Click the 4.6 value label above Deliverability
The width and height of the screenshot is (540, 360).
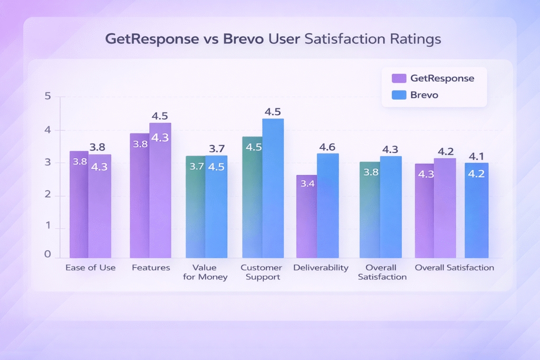point(327,147)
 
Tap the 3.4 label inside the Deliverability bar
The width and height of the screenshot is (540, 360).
point(306,184)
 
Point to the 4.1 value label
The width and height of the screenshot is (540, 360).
point(476,156)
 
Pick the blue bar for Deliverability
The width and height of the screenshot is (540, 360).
point(327,206)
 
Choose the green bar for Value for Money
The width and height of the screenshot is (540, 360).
point(195,211)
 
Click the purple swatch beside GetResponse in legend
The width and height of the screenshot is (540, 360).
point(399,79)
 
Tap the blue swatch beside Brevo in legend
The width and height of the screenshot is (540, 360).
point(399,95)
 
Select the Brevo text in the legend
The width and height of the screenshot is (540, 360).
point(425,95)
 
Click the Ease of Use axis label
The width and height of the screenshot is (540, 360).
point(90,268)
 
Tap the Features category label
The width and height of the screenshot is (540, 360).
point(150,268)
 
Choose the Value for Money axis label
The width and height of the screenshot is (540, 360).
point(205,272)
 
